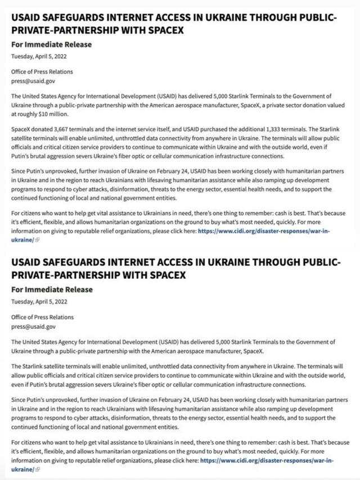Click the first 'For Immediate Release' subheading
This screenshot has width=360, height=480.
[x=51, y=44]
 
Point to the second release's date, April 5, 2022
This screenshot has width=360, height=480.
[x=51, y=301]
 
